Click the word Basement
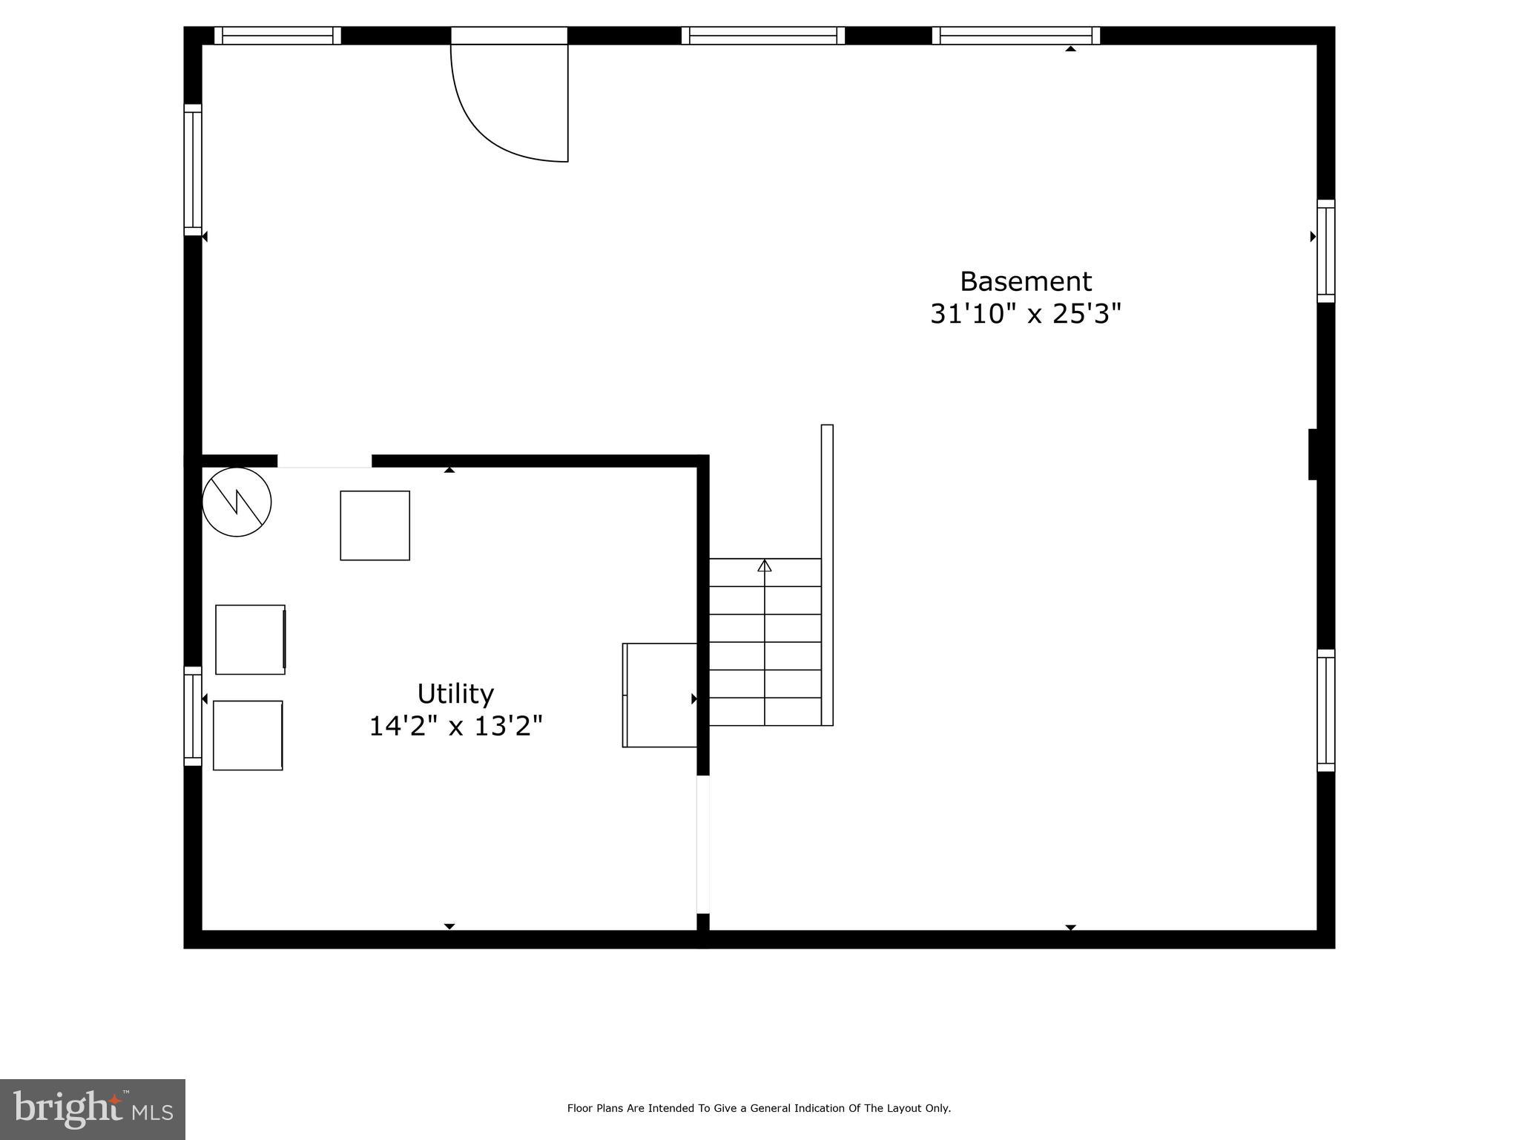(x=1025, y=282)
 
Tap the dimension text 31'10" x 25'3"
(x=1025, y=315)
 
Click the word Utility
(x=455, y=694)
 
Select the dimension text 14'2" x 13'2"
(x=455, y=726)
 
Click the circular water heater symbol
(x=237, y=502)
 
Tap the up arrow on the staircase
(x=765, y=566)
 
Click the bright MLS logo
(x=93, y=1109)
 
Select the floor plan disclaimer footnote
(x=759, y=1108)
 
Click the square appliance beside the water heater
(x=375, y=525)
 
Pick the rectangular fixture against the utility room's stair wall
(x=659, y=695)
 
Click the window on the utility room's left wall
(x=193, y=716)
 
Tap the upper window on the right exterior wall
(x=1325, y=251)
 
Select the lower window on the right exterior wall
(x=1325, y=710)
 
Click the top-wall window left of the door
(x=277, y=36)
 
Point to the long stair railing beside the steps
(x=827, y=574)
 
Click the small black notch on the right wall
(x=1313, y=454)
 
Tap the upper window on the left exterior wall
(x=193, y=170)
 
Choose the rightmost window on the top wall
(x=1015, y=36)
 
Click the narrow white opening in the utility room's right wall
(x=702, y=845)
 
